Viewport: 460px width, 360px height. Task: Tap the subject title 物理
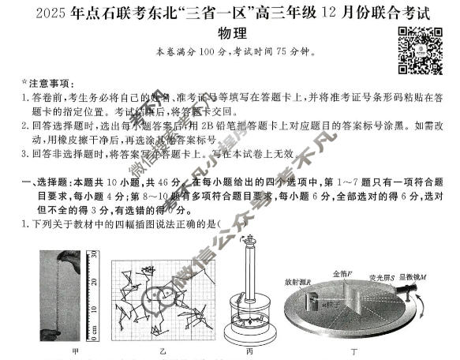tap(230, 34)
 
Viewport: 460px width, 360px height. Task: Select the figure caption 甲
tap(74, 351)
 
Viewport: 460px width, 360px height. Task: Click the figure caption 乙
tap(162, 351)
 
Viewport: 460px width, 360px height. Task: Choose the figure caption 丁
tap(357, 351)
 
